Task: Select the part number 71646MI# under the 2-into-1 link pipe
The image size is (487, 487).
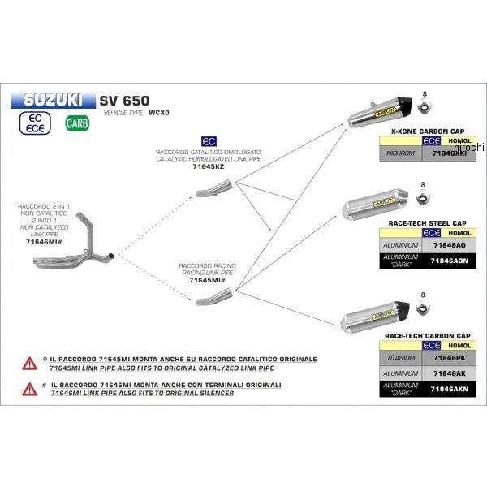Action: coord(44,242)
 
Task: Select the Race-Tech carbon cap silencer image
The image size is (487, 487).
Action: coord(381,308)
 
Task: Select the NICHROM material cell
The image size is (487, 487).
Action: coord(401,152)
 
